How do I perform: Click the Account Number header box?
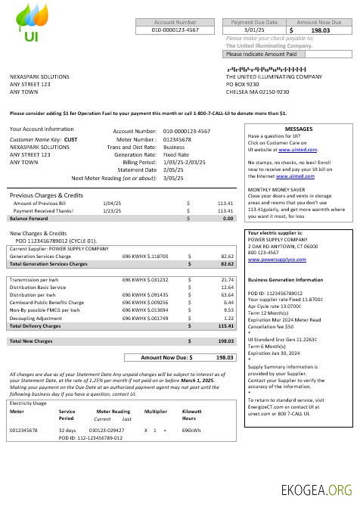[x=175, y=23]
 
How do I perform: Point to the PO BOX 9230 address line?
[x=245, y=84]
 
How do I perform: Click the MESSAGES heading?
[x=298, y=129]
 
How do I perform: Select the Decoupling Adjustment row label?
[x=38, y=318]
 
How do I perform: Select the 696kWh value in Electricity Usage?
[x=191, y=430]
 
